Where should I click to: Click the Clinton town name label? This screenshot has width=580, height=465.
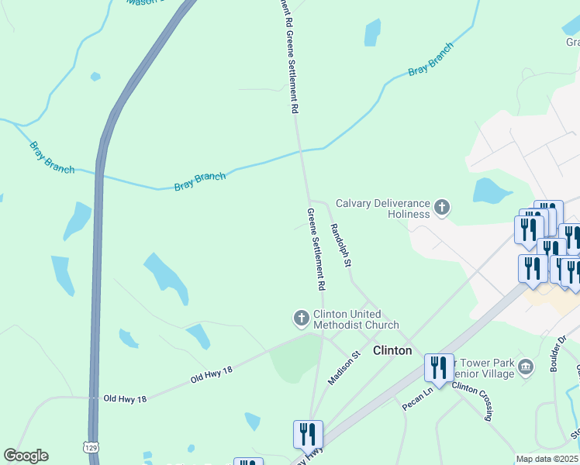point(392,350)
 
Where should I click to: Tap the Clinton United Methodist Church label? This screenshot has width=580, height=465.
point(356,320)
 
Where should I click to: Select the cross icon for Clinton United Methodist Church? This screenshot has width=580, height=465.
point(301,318)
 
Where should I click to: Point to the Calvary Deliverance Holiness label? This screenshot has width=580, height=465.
point(382,208)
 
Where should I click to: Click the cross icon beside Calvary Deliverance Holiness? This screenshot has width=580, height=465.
point(442,207)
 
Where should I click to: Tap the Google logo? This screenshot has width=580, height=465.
point(26,456)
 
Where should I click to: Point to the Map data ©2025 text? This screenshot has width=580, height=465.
point(547,459)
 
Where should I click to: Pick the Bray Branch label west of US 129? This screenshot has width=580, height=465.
point(51,157)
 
